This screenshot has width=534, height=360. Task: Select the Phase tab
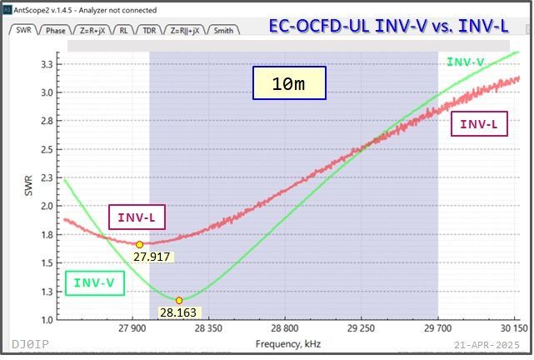tap(56, 30)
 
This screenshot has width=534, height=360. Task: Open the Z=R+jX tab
tap(94, 30)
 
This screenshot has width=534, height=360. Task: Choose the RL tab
tap(124, 30)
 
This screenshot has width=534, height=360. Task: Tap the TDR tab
tap(149, 30)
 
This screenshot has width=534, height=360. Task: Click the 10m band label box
tap(289, 83)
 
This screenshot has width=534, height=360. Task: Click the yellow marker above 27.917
tap(139, 244)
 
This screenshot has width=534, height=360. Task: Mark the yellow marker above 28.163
tap(179, 300)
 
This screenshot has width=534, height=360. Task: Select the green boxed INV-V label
tap(93, 283)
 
